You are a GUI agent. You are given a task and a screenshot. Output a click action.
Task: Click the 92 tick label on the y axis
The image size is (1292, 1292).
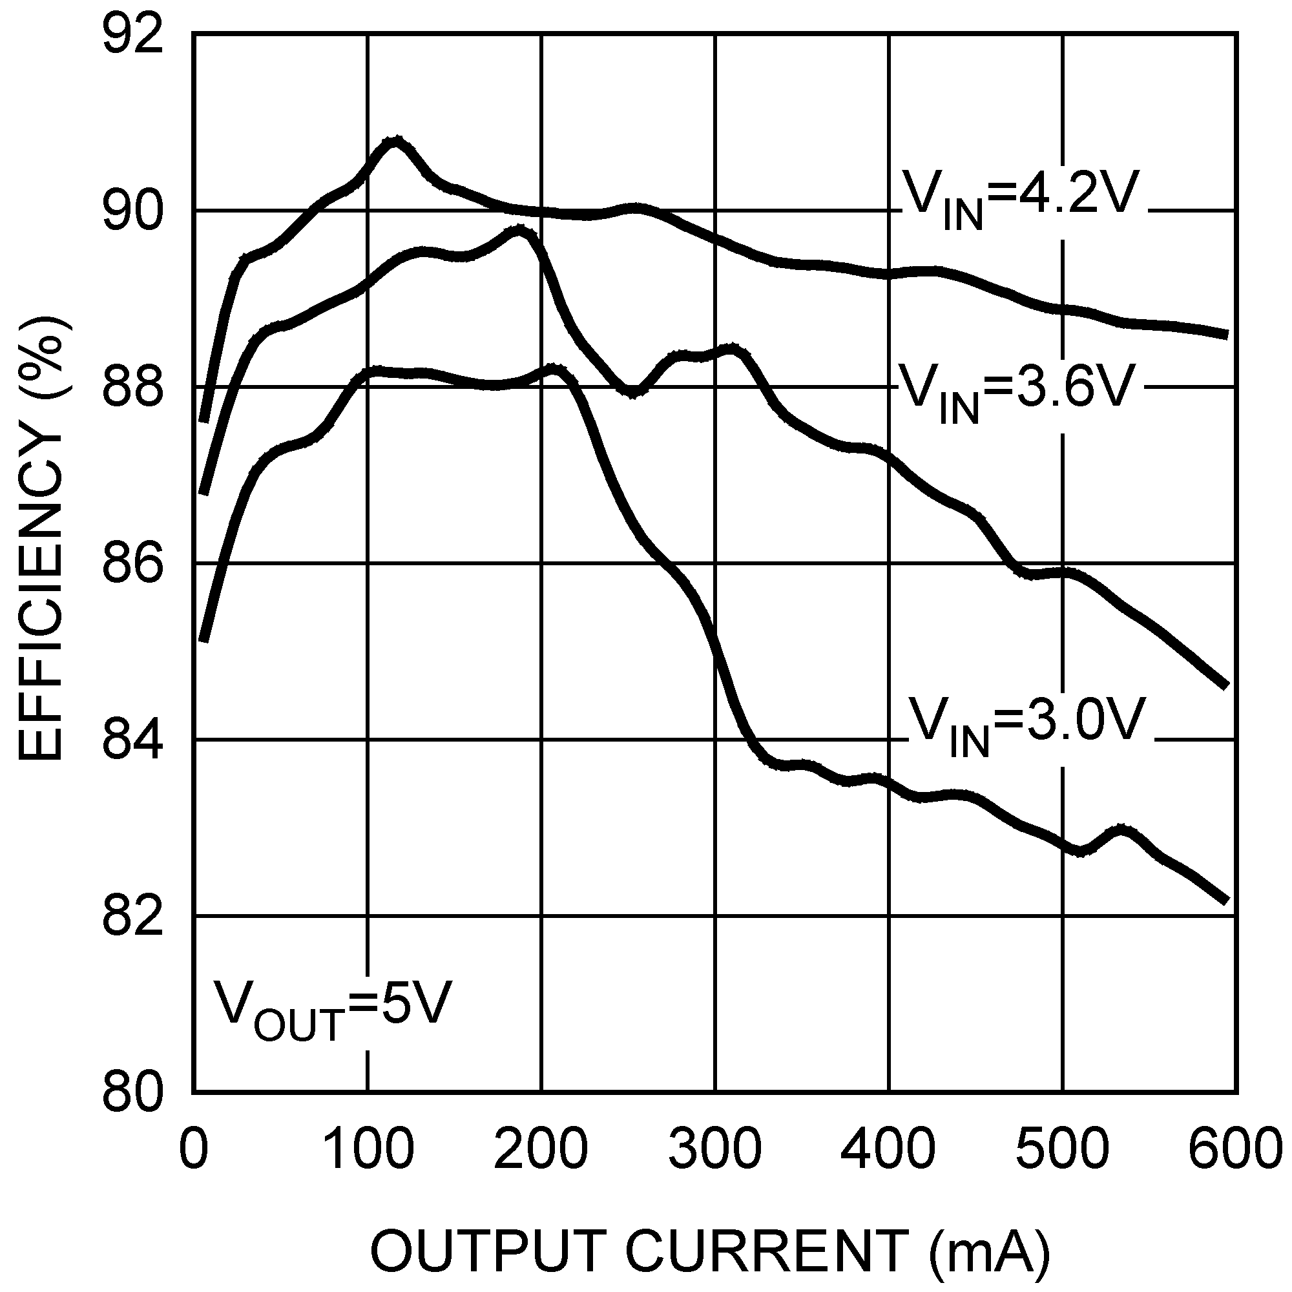pyautogui.click(x=132, y=37)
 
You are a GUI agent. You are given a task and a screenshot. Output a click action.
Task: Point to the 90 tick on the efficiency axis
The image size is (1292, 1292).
pyautogui.click(x=132, y=213)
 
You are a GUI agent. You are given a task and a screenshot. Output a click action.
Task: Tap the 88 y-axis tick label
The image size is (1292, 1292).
pyautogui.click(x=132, y=388)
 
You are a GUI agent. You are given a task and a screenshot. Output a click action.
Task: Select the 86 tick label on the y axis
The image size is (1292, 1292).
pyautogui.click(x=132, y=565)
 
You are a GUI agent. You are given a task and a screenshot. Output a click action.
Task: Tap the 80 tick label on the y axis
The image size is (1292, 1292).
pyautogui.click(x=132, y=1094)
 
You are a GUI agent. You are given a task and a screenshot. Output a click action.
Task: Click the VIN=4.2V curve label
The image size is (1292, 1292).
pyautogui.click(x=1021, y=198)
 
